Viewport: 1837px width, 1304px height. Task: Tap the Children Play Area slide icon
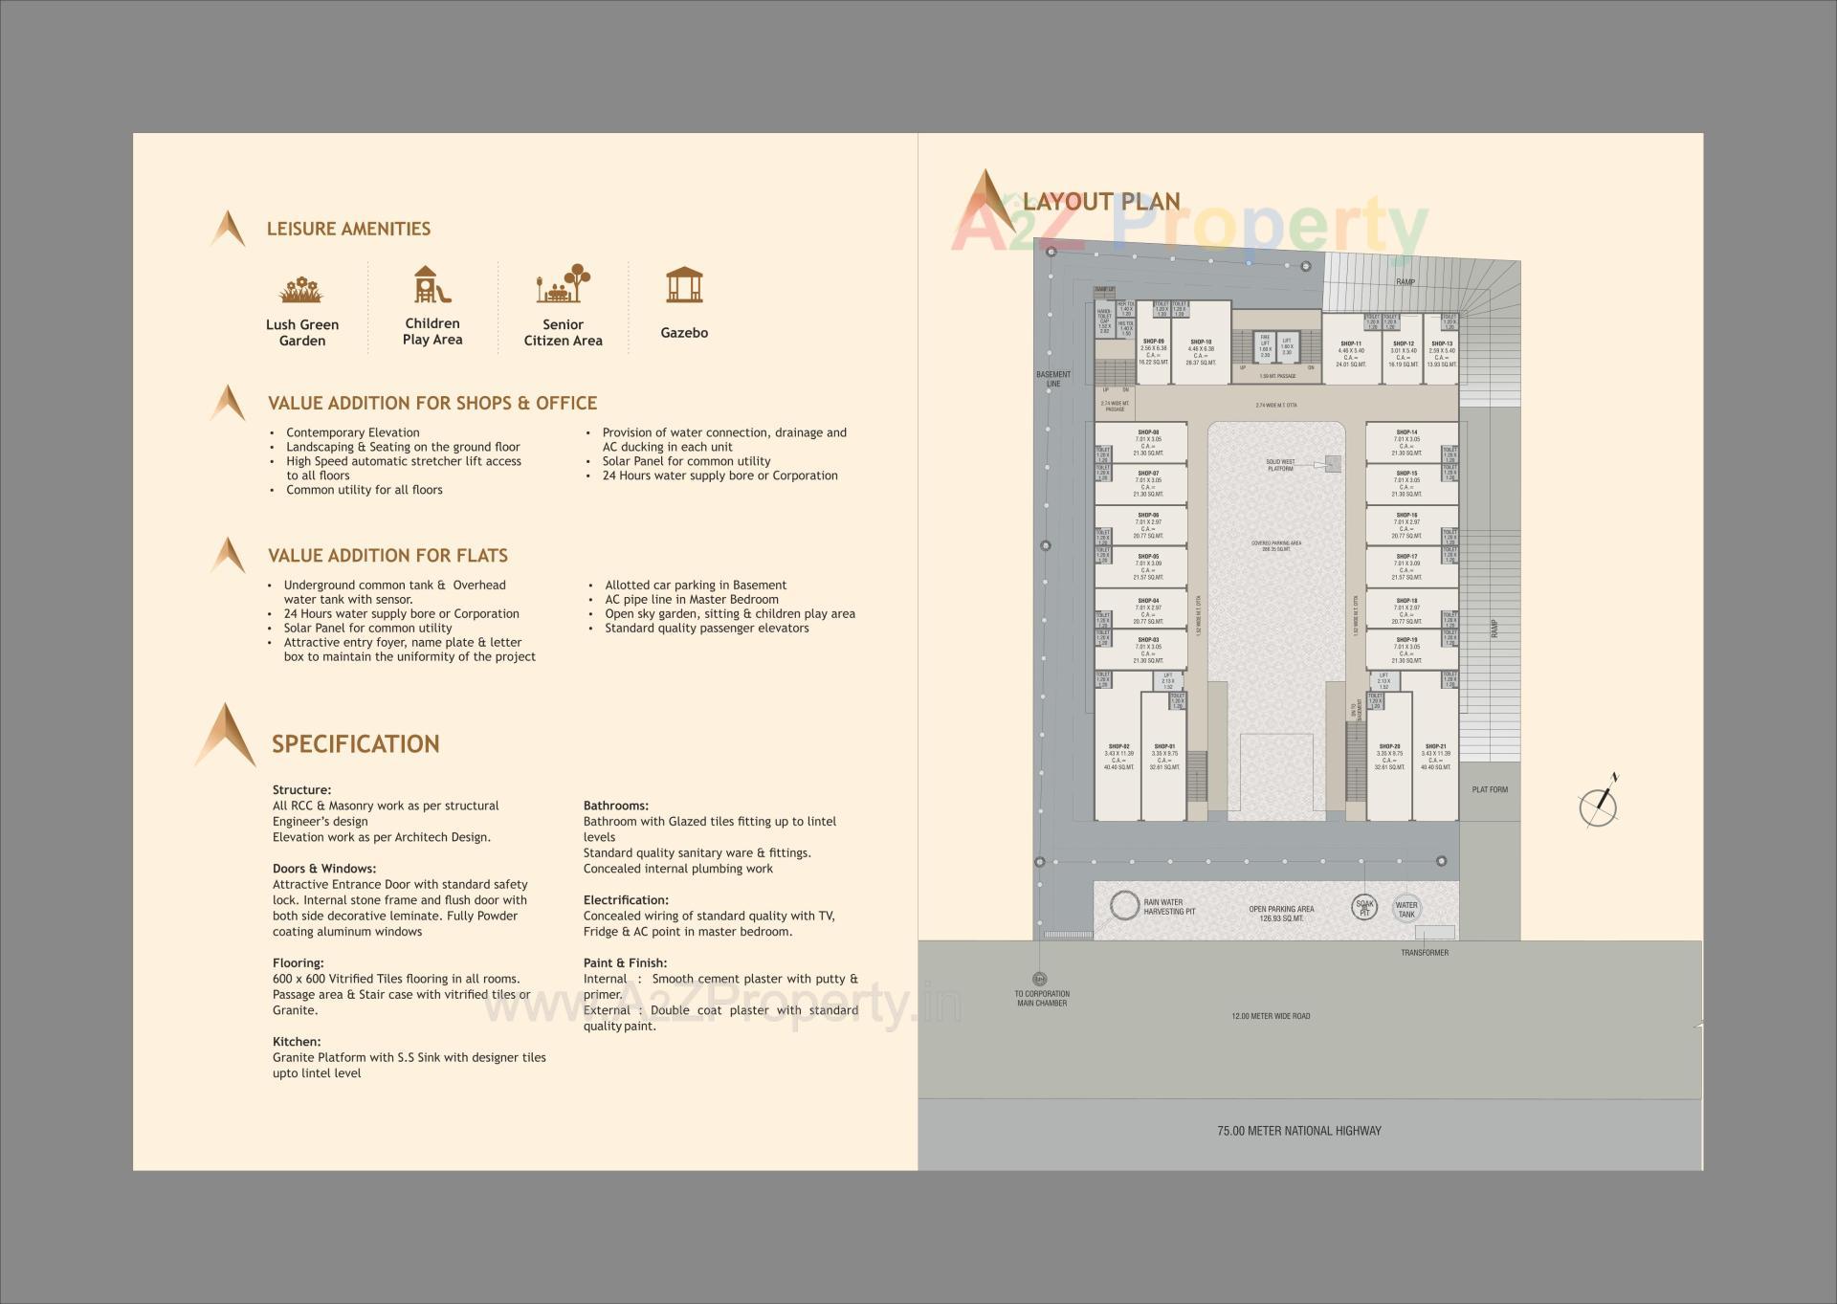tap(432, 284)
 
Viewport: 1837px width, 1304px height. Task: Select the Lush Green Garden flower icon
tap(301, 288)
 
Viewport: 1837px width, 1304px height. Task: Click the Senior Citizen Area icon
tap(563, 284)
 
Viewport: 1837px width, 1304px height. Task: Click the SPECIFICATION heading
tap(355, 744)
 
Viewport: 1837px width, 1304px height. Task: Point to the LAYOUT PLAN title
tap(1101, 202)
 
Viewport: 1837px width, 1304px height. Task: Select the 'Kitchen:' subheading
tap(297, 1042)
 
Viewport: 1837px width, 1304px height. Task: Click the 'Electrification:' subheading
tap(626, 900)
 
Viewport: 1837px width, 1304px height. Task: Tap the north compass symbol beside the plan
tap(1598, 806)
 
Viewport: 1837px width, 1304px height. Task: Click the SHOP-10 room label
tap(1201, 343)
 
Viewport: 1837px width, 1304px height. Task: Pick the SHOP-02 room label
tap(1118, 746)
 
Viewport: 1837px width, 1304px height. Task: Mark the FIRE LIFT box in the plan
tap(1265, 345)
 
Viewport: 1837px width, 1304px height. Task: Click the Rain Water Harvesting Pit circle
tap(1124, 905)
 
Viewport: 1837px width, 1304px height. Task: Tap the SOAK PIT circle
tap(1364, 907)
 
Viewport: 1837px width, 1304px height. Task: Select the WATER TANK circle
tap(1406, 908)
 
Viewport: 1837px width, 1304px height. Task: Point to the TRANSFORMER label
tap(1425, 953)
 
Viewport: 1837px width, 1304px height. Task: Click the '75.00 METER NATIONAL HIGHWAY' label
tap(1298, 1131)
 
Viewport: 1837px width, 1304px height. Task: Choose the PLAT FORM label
tap(1490, 790)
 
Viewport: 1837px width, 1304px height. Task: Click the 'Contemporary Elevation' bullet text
tap(352, 432)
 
